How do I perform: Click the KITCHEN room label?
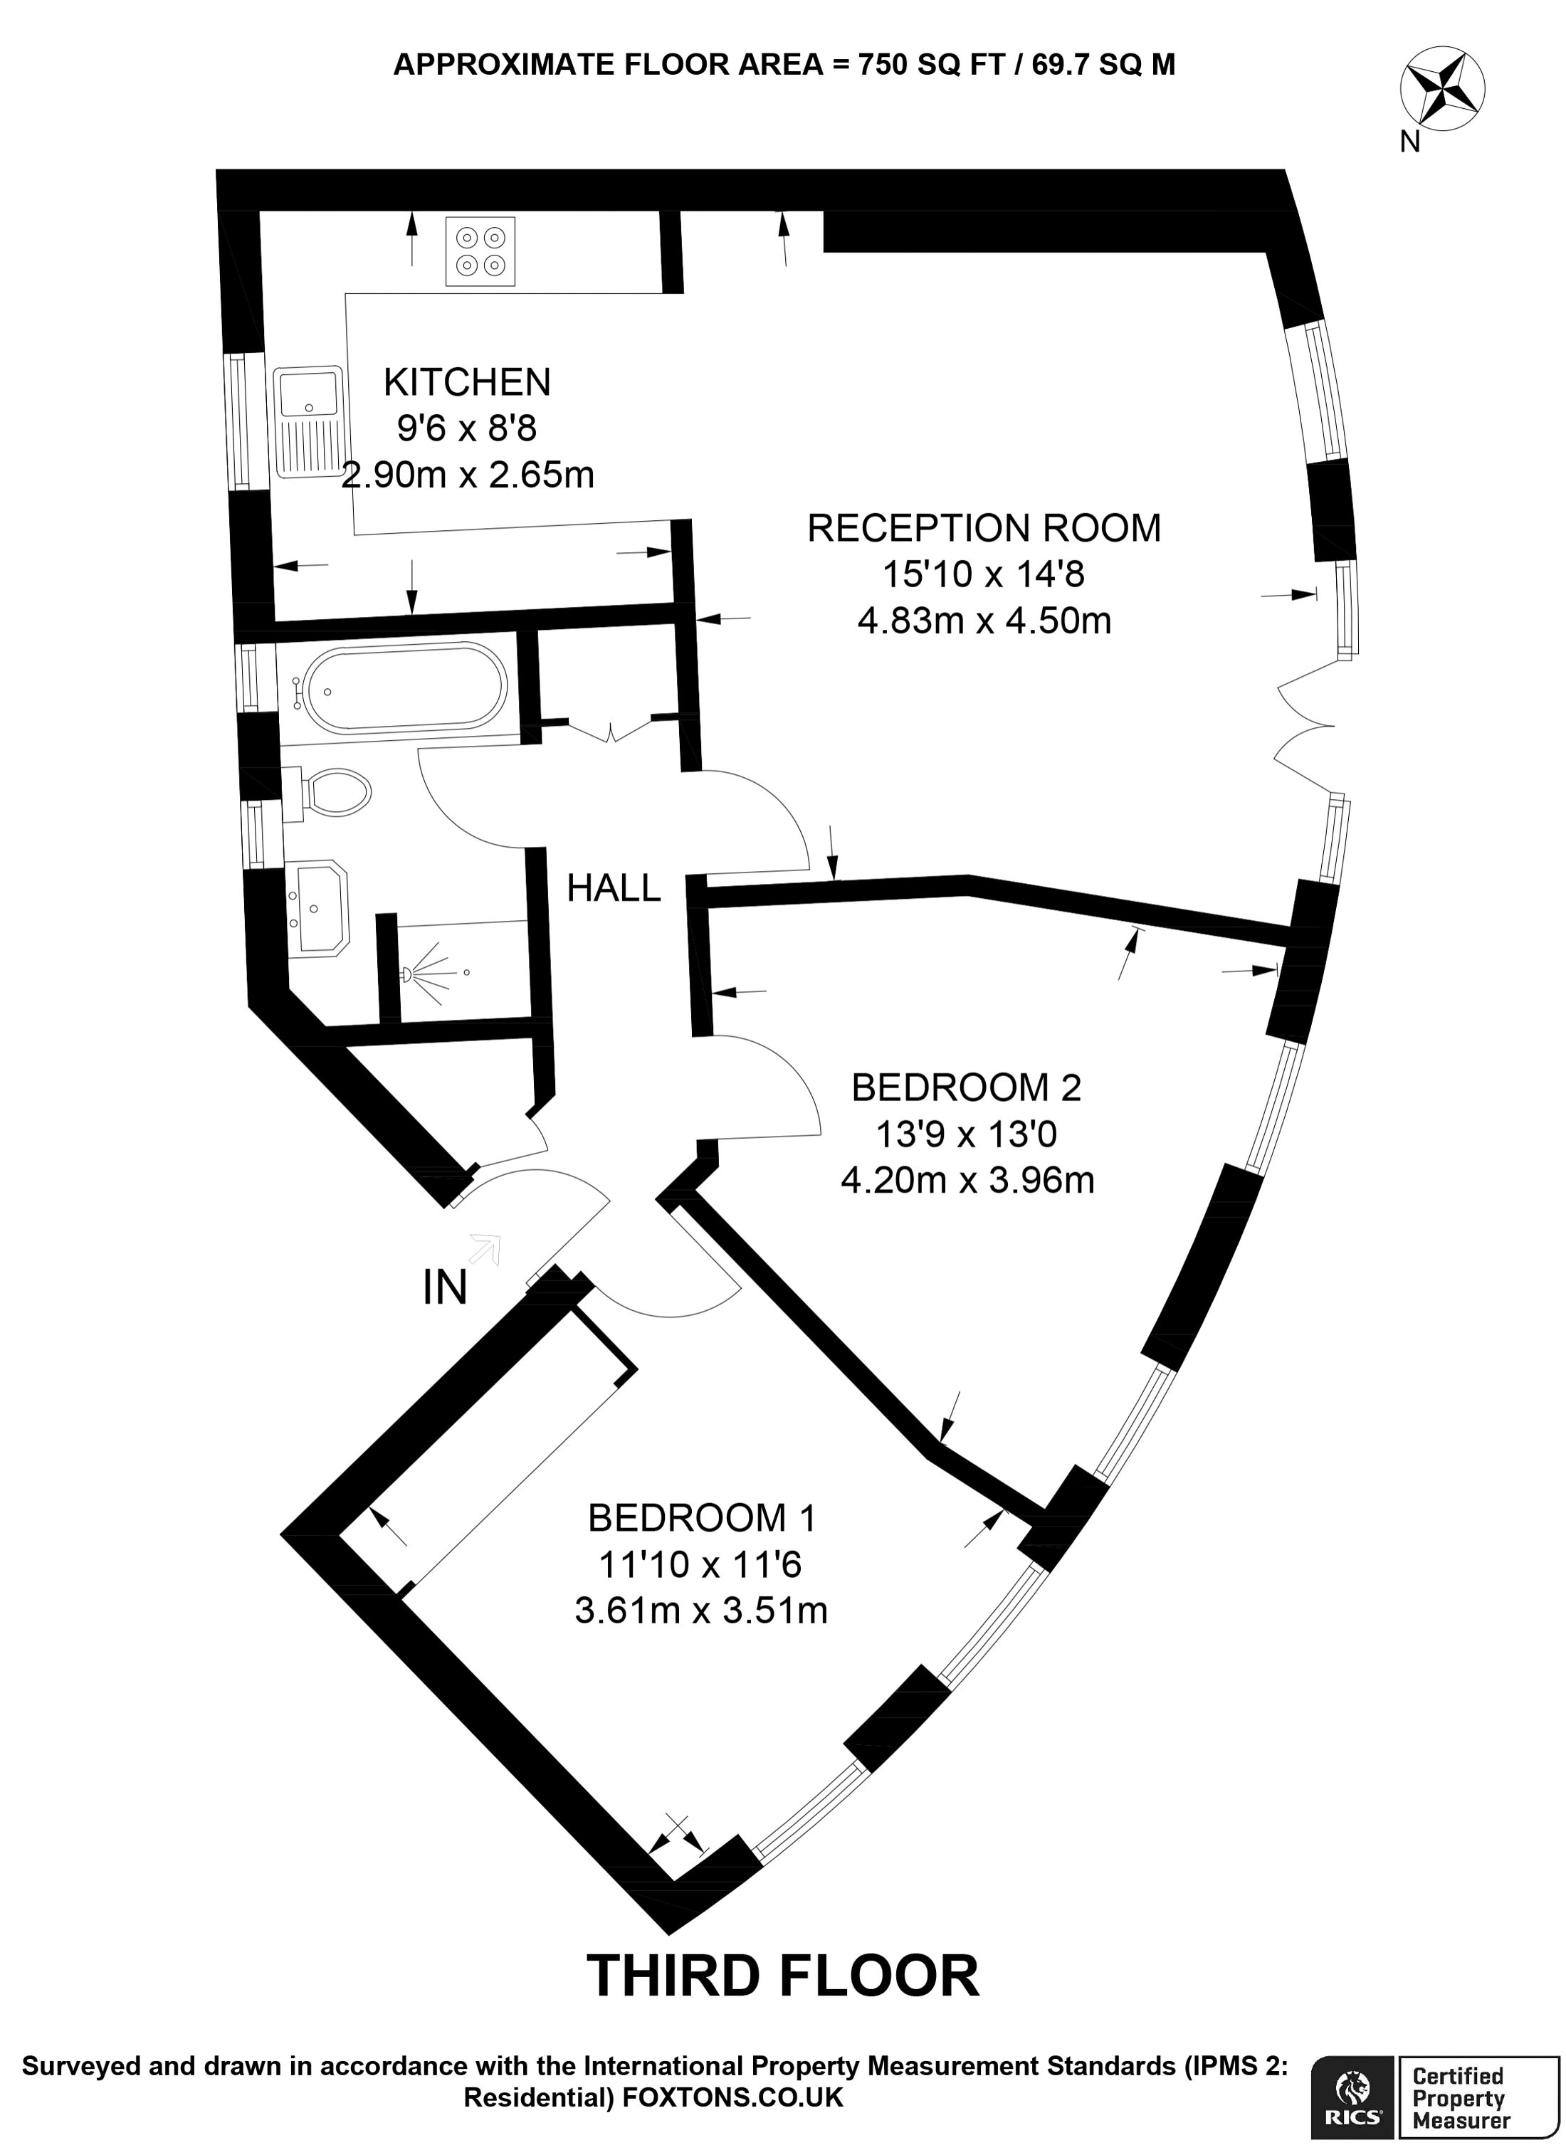pyautogui.click(x=466, y=382)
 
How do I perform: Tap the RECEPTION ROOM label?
pyautogui.click(x=984, y=528)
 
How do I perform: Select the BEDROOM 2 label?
pyautogui.click(x=966, y=1087)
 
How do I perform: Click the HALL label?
pyautogui.click(x=614, y=888)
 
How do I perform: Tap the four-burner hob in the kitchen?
pyautogui.click(x=480, y=251)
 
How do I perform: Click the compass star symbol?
pyautogui.click(x=1443, y=90)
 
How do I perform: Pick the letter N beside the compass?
pyautogui.click(x=1409, y=142)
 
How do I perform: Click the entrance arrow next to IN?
pyautogui.click(x=486, y=1249)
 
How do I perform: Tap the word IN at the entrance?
pyautogui.click(x=445, y=1287)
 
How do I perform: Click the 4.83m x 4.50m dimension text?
pyautogui.click(x=984, y=621)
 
